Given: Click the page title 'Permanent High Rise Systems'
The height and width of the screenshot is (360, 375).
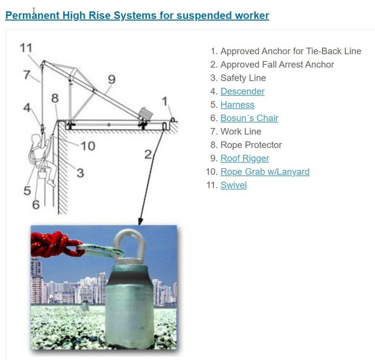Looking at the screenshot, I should [137, 15].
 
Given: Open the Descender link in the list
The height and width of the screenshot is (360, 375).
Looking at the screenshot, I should [242, 91].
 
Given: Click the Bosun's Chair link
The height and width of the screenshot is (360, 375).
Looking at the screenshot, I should [249, 118].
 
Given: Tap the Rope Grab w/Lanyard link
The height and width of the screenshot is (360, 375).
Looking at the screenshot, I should [265, 171].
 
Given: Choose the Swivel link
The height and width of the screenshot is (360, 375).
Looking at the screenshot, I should [233, 185].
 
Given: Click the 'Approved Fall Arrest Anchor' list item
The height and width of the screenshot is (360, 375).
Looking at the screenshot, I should [277, 65].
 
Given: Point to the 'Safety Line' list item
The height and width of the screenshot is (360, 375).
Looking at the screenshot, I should [243, 78].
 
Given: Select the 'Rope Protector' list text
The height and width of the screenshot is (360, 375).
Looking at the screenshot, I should [250, 145].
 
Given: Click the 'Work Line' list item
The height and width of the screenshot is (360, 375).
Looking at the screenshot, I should [241, 131].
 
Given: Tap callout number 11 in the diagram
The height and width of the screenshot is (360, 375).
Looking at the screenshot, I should [26, 48].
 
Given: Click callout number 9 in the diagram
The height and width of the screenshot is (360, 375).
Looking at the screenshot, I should [112, 79].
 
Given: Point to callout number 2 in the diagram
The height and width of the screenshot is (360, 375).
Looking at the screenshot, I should [148, 155].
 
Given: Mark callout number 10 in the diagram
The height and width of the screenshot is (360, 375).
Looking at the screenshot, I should [88, 146].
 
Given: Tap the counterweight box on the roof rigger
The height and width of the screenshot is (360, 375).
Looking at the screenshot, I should [146, 113].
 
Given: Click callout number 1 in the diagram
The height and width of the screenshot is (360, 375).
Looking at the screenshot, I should [164, 100].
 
